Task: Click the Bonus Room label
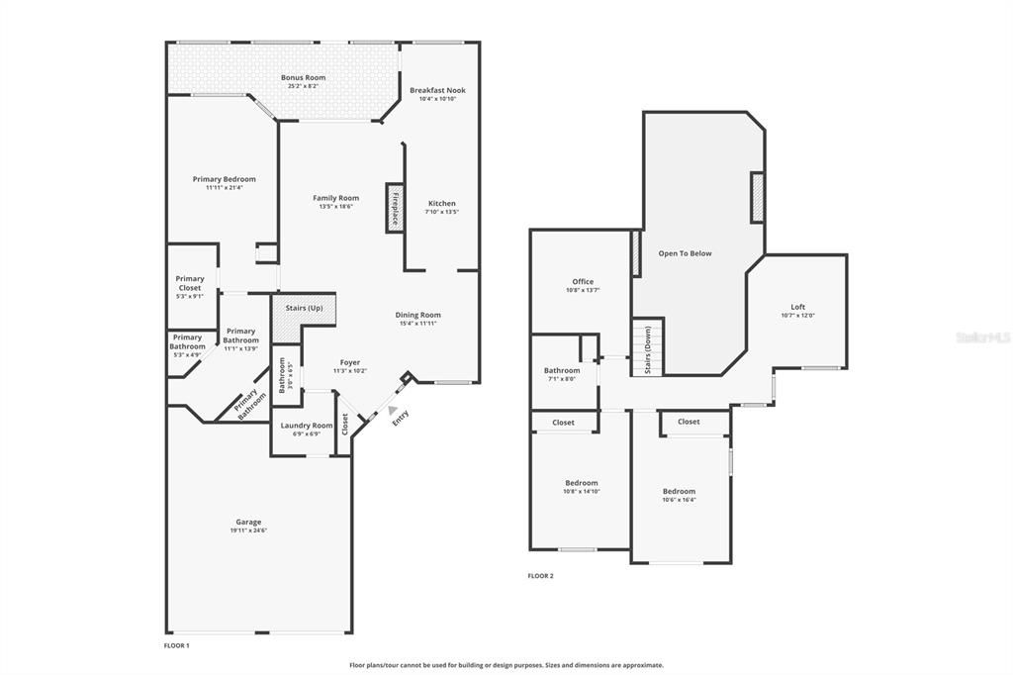tap(303, 77)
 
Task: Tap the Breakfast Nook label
tap(437, 90)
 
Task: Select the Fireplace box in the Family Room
tap(394, 208)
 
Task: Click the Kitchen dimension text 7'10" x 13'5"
tap(441, 212)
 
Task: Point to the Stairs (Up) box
tap(304, 309)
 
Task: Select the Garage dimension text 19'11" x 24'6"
tap(248, 530)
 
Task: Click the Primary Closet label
tap(189, 283)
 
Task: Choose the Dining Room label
tap(417, 315)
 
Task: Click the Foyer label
tap(349, 362)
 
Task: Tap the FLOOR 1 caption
tap(176, 645)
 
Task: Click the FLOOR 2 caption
tap(540, 575)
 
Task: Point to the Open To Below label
tap(685, 253)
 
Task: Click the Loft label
tap(797, 307)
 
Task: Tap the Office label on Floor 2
tap(583, 282)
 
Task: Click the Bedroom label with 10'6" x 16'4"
tap(679, 491)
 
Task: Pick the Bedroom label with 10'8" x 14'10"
tap(581, 483)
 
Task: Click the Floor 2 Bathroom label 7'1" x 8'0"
tap(561, 370)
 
